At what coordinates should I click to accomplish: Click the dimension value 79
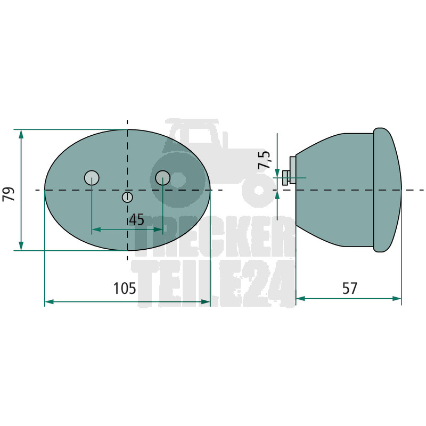[9, 194]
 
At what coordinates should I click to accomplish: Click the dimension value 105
[125, 288]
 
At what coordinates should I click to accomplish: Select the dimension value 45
[137, 219]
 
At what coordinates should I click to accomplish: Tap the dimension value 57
[349, 288]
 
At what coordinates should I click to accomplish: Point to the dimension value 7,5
[264, 160]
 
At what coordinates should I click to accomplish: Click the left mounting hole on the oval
[92, 178]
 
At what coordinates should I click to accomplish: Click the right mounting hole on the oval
[163, 178]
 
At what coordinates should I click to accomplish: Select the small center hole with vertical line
[127, 197]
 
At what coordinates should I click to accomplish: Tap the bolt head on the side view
[285, 178]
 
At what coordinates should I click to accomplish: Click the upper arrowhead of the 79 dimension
[21, 134]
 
